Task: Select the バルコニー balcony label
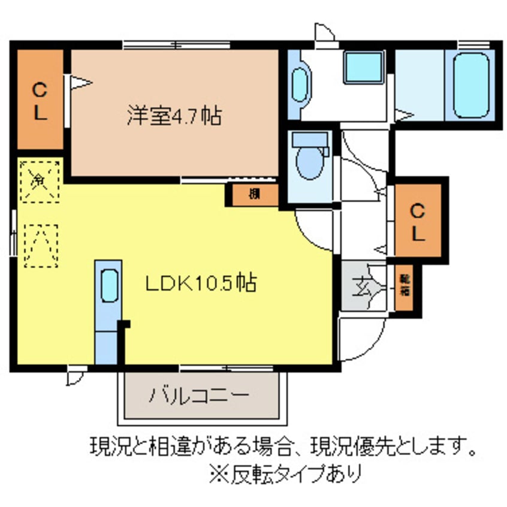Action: coord(198,396)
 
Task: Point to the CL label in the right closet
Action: coord(418,219)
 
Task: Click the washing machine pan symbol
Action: coord(363,68)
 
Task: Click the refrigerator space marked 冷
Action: coord(39,179)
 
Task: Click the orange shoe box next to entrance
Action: coord(405,285)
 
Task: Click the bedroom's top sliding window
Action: coord(177,44)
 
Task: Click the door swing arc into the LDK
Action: coord(315,228)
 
